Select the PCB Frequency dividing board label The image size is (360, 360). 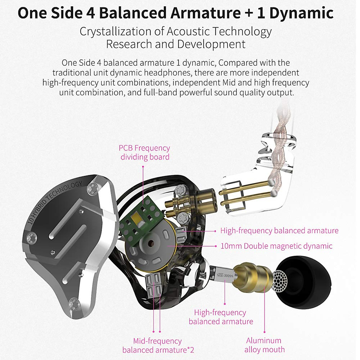click(x=145, y=152)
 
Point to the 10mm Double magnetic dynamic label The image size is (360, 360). click(x=276, y=246)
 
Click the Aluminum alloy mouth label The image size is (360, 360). click(x=264, y=345)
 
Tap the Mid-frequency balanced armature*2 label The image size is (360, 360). click(x=158, y=345)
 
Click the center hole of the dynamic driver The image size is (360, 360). click(x=148, y=243)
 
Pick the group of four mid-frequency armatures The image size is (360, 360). click(x=153, y=286)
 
